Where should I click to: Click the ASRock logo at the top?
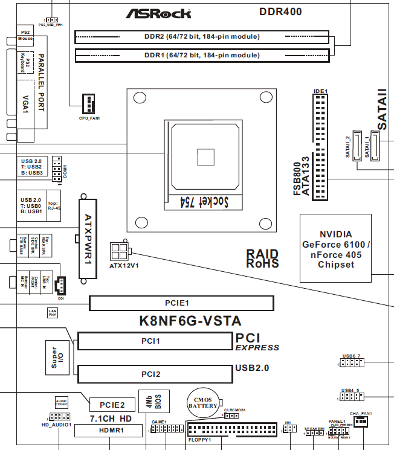158,13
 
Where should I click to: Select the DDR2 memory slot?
201,37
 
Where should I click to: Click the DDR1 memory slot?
201,56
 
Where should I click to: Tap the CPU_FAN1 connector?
89,104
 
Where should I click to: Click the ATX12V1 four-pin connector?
119,249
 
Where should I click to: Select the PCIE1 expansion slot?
181,303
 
